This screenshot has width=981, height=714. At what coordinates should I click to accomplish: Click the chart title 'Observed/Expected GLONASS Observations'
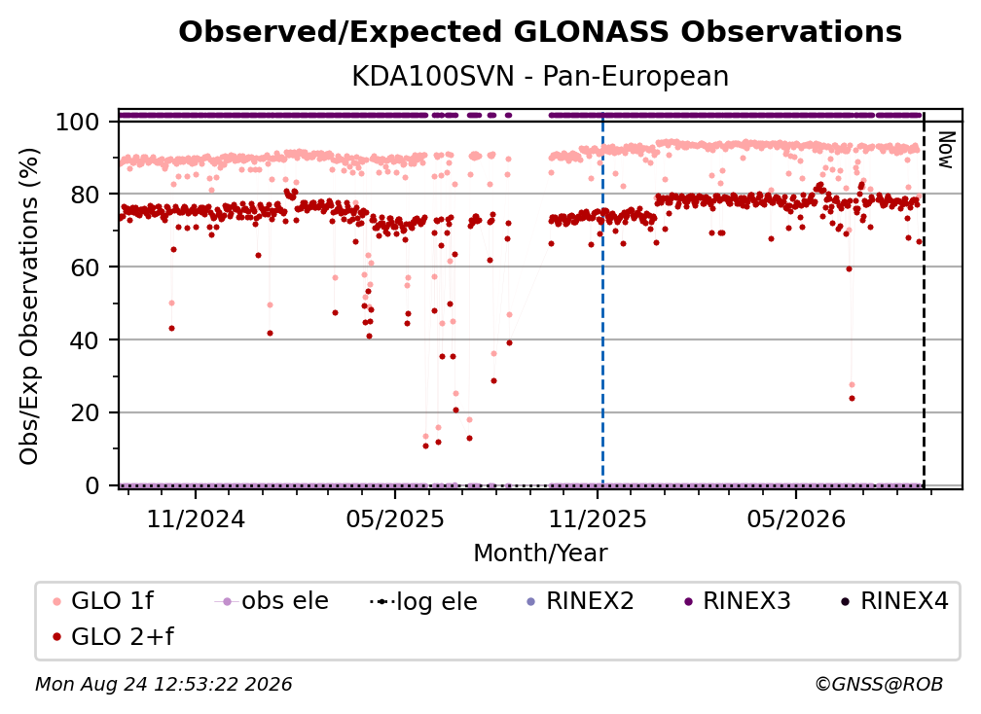[x=540, y=32]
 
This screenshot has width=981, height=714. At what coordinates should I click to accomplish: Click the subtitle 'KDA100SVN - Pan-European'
[x=540, y=76]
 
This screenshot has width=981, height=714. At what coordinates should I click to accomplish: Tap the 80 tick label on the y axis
[x=85, y=195]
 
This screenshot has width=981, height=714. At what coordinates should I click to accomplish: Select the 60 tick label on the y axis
[x=85, y=267]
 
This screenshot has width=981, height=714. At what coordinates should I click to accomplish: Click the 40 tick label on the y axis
[x=85, y=340]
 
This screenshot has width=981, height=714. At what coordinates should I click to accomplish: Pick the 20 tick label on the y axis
[x=85, y=412]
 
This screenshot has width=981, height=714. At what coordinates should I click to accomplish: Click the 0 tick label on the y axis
[x=91, y=485]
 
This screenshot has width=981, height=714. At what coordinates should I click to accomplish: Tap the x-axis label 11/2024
[x=196, y=518]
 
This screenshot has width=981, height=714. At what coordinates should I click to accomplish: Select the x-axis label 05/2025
[x=395, y=518]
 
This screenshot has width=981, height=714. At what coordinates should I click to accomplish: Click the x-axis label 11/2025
[x=598, y=518]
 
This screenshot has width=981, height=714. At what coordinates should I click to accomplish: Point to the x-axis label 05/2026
[x=796, y=518]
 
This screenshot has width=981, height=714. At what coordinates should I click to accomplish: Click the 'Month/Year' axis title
[x=540, y=553]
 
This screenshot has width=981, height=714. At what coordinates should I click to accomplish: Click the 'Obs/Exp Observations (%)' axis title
[x=29, y=305]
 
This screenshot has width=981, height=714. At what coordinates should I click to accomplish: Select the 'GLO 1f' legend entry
[x=103, y=601]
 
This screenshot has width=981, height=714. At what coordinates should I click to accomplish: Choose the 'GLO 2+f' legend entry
[x=113, y=636]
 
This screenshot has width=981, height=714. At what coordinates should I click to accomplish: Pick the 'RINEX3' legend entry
[x=738, y=601]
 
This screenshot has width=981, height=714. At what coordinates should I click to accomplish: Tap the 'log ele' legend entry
[x=423, y=601]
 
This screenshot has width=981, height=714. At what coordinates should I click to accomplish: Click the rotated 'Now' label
[x=945, y=150]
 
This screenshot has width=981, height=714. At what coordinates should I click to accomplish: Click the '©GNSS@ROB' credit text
[x=879, y=684]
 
